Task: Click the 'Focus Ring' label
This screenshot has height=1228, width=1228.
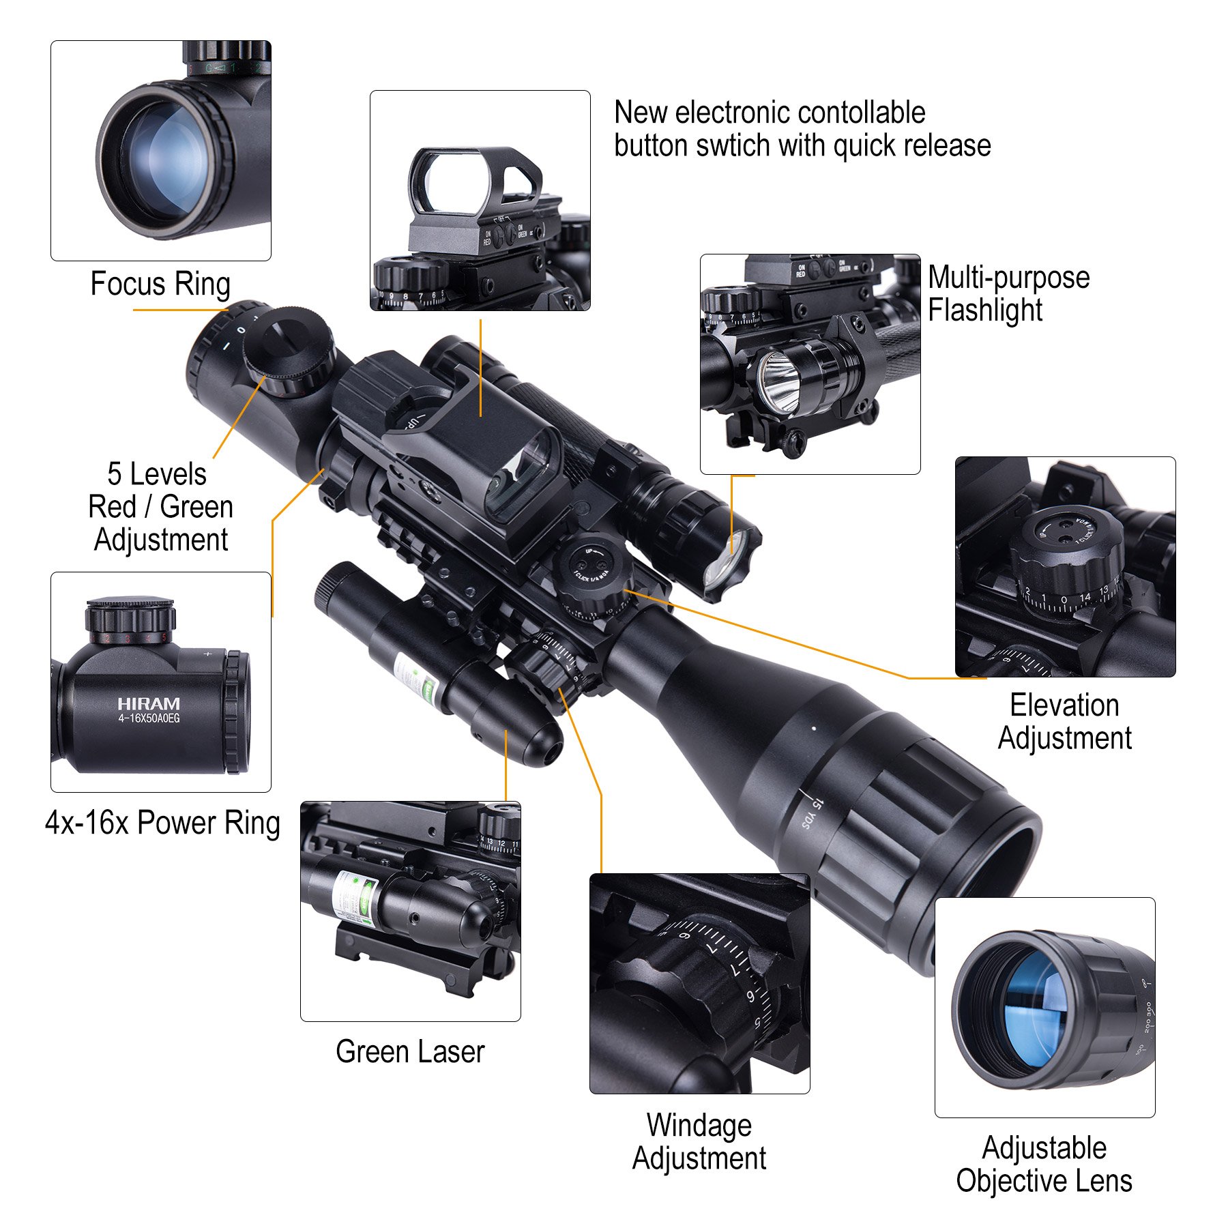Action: tap(160, 284)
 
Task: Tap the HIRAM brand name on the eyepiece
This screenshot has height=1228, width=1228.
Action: tap(148, 703)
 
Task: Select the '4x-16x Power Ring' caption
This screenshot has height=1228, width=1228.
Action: tap(162, 823)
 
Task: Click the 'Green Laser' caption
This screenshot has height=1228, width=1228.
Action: tap(410, 1051)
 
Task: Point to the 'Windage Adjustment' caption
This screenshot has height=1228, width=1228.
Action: tap(699, 1141)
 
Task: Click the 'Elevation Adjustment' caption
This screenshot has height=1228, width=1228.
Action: tap(1064, 722)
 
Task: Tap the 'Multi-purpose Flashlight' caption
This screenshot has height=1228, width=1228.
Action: tap(1008, 294)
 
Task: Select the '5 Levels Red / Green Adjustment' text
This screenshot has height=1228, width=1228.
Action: tap(160, 507)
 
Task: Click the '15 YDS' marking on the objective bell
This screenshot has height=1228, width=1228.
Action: tap(812, 812)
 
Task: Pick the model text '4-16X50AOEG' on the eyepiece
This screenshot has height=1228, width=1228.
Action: tap(149, 719)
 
